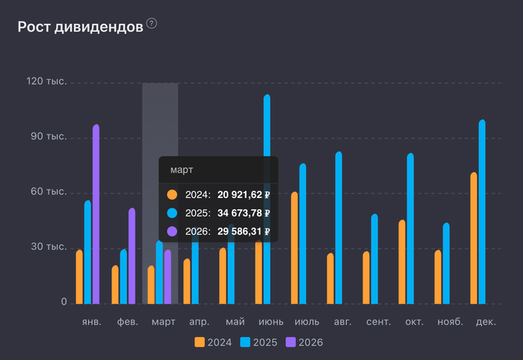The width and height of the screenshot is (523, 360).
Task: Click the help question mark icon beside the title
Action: click(152, 24)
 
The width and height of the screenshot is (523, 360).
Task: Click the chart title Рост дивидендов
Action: click(80, 27)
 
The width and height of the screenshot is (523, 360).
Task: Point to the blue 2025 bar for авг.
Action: click(338, 227)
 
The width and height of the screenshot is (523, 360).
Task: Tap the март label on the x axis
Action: click(164, 322)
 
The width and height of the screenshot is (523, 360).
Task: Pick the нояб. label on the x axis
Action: click(449, 322)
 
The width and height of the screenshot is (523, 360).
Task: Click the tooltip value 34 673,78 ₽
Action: click(243, 213)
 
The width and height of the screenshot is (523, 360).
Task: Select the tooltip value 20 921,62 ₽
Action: click(243, 195)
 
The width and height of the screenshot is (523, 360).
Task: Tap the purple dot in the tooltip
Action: click(173, 232)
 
